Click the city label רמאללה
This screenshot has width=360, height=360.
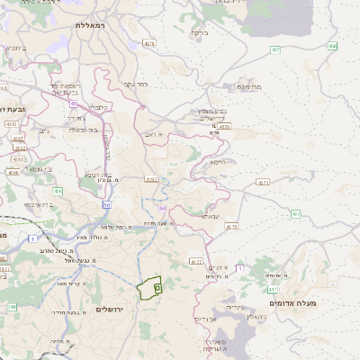(x=91, y=25)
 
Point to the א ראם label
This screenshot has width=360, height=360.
(x=154, y=134)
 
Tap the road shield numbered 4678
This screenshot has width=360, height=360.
(x=149, y=42)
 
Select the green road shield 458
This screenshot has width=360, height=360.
(x=333, y=46)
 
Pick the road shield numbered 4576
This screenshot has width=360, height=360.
(x=224, y=127)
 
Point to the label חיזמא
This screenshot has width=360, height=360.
(x=214, y=162)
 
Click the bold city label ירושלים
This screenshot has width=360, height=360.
(x=114, y=309)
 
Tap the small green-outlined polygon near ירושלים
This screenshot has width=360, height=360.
(x=148, y=288)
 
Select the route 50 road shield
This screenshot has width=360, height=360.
(x=107, y=205)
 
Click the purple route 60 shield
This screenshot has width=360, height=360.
(x=163, y=208)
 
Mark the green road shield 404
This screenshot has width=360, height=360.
(x=58, y=191)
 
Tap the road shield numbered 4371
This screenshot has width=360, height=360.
(x=263, y=182)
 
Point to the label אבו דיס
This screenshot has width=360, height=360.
(x=205, y=319)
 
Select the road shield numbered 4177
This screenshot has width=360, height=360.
(x=196, y=262)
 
